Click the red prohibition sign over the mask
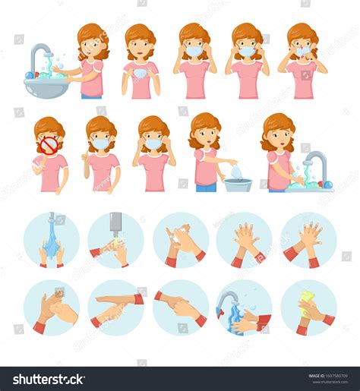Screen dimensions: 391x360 click(x=49, y=144)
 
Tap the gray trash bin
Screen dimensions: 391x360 click(x=238, y=184)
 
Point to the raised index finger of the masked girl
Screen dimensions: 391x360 click(x=86, y=159)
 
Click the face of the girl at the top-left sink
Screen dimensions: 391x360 click(x=92, y=47)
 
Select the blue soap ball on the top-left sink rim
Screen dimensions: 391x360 click(x=30, y=75)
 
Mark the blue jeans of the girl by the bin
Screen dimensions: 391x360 click(x=205, y=187)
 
